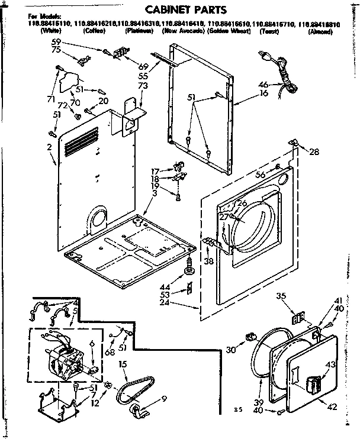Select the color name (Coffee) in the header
tap(95, 30)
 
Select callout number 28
tap(314, 152)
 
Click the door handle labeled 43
tap(314, 385)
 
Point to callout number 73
tap(142, 86)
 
